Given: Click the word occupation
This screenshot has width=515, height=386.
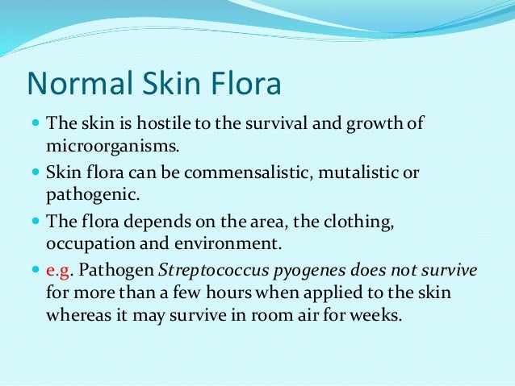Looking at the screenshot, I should pos(86,243).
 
